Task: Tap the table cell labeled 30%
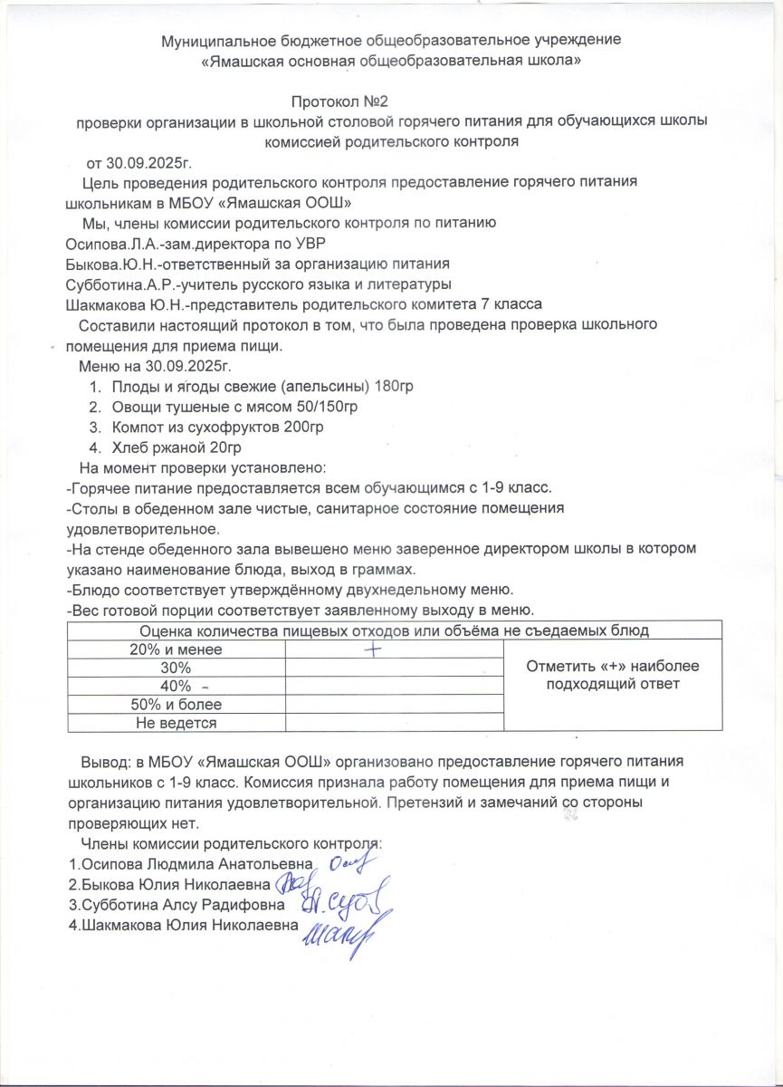pyautogui.click(x=176, y=668)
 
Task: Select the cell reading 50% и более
pyautogui.click(x=176, y=704)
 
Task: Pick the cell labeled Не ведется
pyautogui.click(x=176, y=722)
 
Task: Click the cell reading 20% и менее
pyautogui.click(x=176, y=649)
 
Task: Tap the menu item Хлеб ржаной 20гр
pyautogui.click(x=177, y=447)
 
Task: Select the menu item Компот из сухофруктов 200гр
pyautogui.click(x=217, y=427)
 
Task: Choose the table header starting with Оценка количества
pyautogui.click(x=394, y=630)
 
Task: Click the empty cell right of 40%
pyautogui.click(x=394, y=686)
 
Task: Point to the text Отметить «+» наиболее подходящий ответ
pyautogui.click(x=613, y=675)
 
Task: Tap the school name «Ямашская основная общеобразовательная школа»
pyautogui.click(x=390, y=62)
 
